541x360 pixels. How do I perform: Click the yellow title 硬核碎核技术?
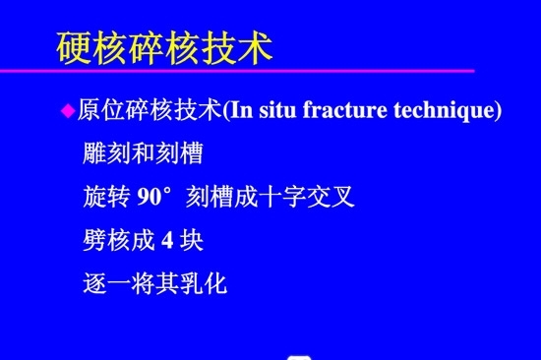click(164, 47)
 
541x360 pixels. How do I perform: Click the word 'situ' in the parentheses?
click(277, 110)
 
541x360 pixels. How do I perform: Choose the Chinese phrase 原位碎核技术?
click(149, 110)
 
